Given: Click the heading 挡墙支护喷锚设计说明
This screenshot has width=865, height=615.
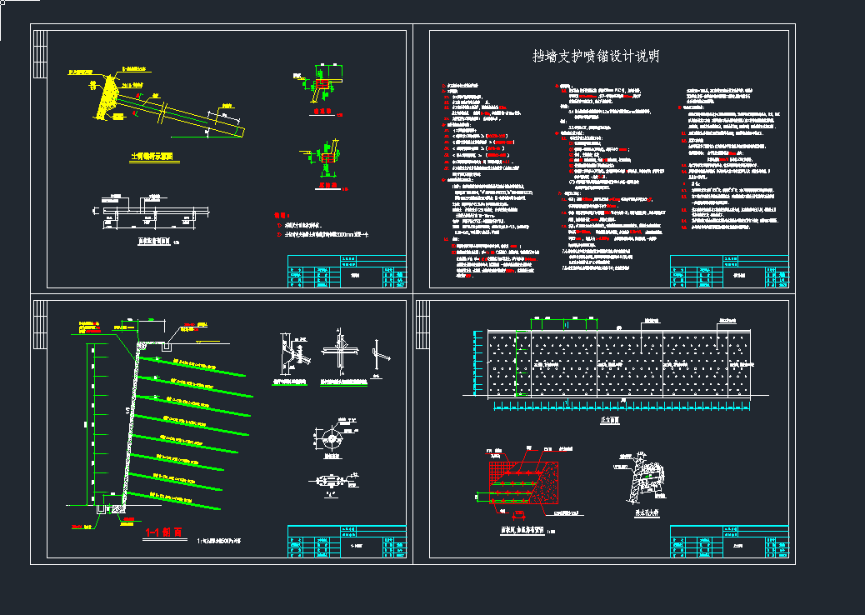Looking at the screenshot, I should pyautogui.click(x=597, y=57).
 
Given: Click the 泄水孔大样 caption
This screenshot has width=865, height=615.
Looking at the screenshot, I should pyautogui.click(x=645, y=513).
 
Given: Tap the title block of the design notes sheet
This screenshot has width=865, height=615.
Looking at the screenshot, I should pyautogui.click(x=729, y=271).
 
